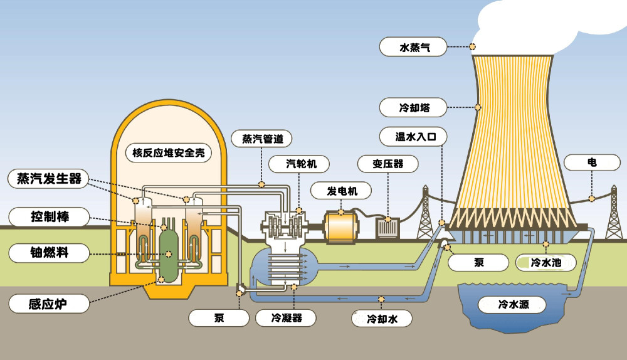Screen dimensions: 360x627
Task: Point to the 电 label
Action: (x=591, y=162)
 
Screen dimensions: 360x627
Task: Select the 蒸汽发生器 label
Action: (x=49, y=179)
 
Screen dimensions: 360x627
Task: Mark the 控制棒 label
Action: (x=49, y=217)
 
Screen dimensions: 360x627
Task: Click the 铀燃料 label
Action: (x=49, y=253)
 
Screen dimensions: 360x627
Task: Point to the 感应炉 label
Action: (x=48, y=304)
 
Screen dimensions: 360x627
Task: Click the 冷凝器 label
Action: (x=286, y=318)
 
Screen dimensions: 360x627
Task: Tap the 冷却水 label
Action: (x=382, y=319)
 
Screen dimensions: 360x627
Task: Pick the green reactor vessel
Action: (x=169, y=251)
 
